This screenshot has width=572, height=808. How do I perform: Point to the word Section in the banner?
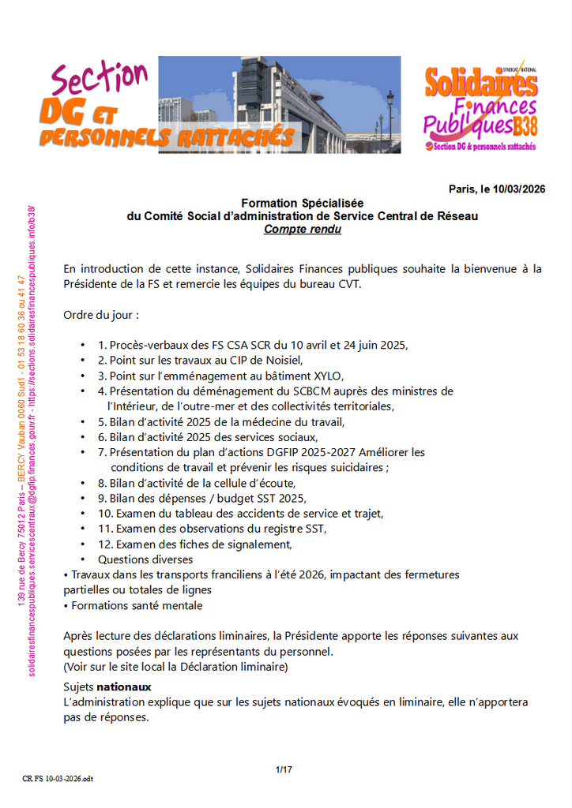99,80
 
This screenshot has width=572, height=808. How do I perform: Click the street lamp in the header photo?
389,110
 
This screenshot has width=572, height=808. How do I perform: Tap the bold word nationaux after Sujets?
119,687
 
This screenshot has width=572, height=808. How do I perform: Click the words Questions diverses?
145,559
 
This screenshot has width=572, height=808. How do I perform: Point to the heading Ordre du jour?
101,315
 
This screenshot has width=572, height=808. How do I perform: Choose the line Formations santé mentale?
137,605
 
